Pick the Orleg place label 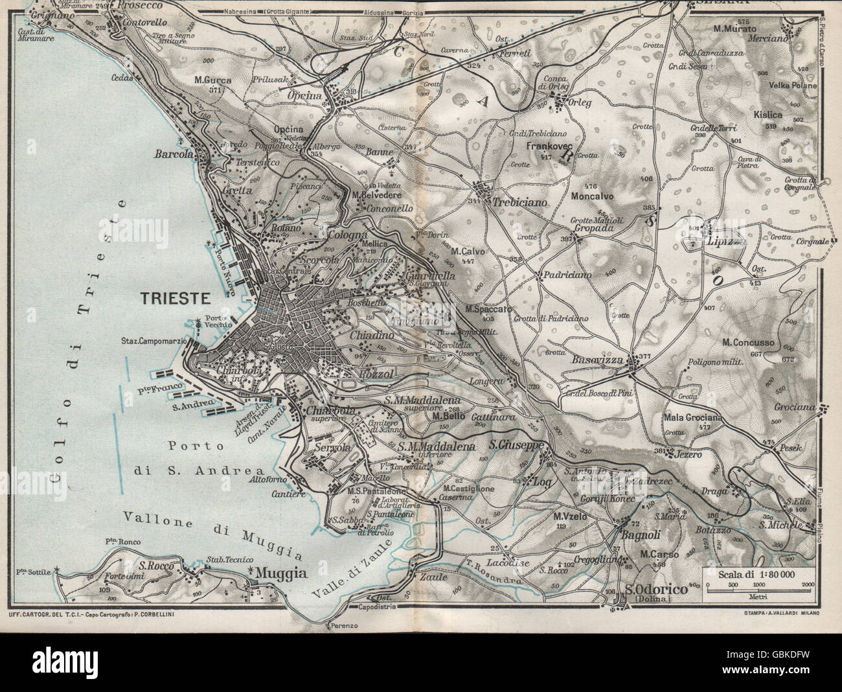580,102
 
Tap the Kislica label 768,115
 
